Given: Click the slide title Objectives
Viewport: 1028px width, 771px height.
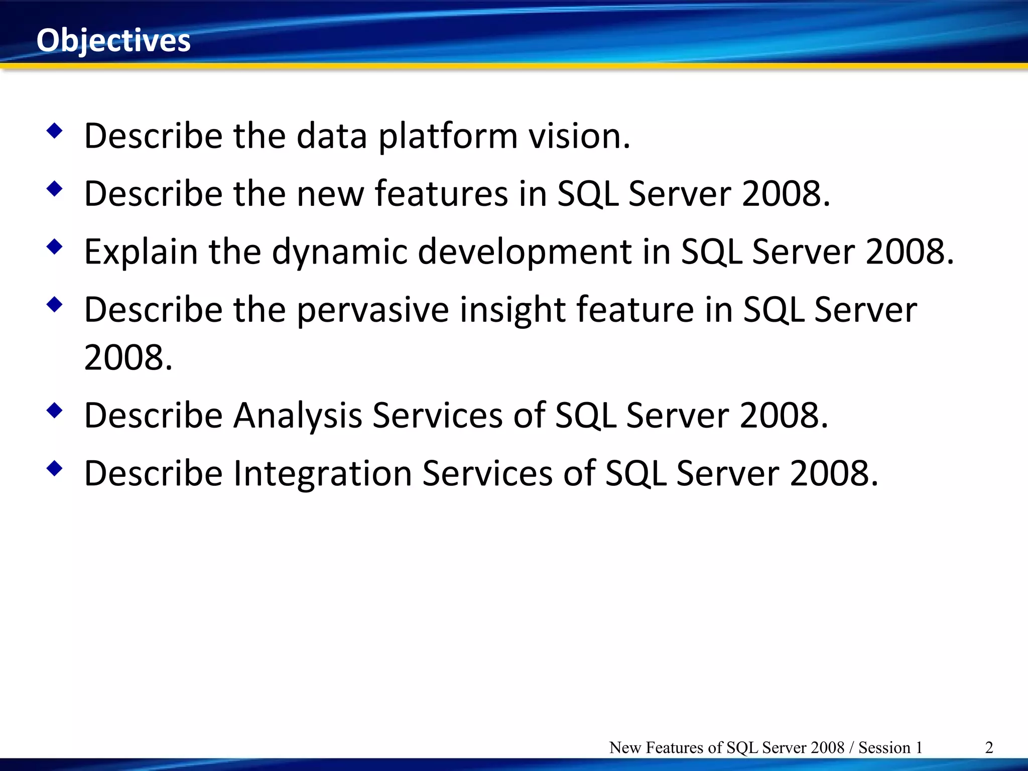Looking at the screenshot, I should [x=113, y=40].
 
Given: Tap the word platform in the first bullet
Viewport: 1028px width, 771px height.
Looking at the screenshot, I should [x=448, y=137].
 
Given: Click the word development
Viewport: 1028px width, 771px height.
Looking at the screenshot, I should [x=524, y=252].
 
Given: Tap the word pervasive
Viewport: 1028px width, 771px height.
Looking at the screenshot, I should [x=372, y=310].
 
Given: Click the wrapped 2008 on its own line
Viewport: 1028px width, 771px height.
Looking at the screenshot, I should [x=128, y=358].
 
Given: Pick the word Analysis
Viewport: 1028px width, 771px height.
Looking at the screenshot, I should [x=298, y=416].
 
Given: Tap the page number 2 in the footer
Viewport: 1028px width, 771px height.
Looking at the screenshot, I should [x=989, y=747].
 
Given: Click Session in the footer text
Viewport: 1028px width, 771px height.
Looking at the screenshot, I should [x=884, y=747].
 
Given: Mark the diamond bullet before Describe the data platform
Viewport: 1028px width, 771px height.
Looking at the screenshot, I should [x=55, y=132].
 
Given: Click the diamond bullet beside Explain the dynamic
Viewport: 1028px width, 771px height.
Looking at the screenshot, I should [x=55, y=247].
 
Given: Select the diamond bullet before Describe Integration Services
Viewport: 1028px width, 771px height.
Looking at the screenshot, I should [x=55, y=469].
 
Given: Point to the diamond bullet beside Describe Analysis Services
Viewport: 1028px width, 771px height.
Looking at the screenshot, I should [x=55, y=411].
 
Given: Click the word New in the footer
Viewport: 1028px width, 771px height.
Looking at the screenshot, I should [x=625, y=747].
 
